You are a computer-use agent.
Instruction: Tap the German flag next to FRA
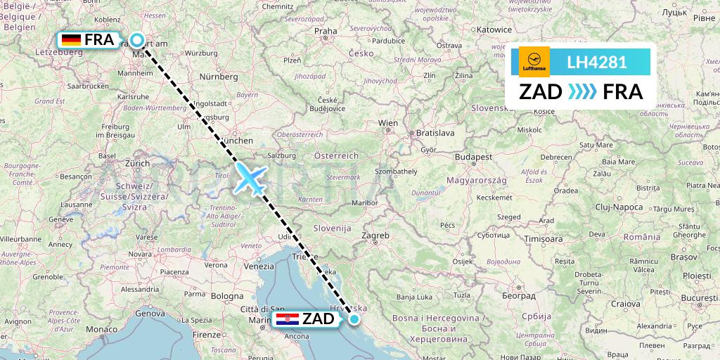click(71, 40)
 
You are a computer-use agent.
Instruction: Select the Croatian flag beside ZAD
click(288, 320)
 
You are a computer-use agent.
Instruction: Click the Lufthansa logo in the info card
click(534, 62)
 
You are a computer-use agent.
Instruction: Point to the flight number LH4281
click(597, 62)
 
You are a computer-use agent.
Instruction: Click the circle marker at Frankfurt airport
click(137, 40)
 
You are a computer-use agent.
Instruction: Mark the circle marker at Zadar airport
click(354, 319)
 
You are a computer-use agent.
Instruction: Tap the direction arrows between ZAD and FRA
click(582, 92)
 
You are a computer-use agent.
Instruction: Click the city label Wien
click(388, 122)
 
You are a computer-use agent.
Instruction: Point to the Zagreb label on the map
click(375, 236)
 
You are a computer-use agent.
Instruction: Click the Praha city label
click(326, 31)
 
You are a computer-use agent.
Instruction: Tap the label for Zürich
click(137, 162)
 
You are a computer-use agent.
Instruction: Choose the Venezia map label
click(259, 266)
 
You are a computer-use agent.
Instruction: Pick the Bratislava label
click(435, 132)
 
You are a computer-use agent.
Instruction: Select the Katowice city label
click(494, 30)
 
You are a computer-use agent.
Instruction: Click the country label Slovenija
click(333, 229)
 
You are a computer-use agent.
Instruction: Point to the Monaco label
click(103, 329)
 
